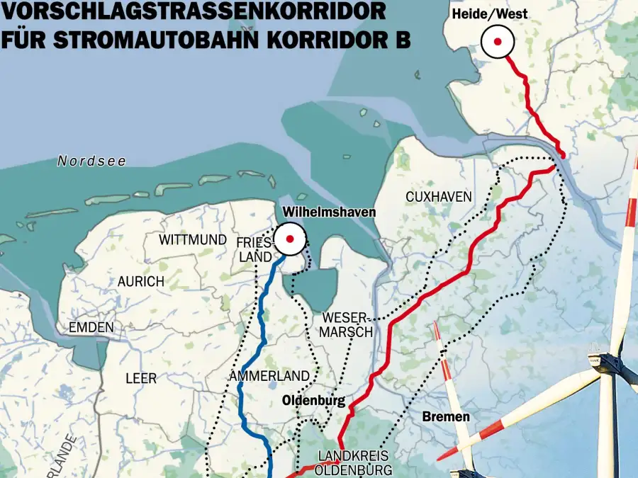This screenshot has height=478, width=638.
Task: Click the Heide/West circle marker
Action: tap(498, 42)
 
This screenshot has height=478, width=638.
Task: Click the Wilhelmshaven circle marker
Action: tap(290, 239)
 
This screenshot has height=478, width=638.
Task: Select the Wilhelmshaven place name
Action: tap(329, 212)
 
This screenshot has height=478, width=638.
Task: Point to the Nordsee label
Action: tap(92, 161)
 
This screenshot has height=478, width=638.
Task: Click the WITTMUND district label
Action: tap(193, 240)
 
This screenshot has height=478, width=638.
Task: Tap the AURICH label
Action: tap(141, 281)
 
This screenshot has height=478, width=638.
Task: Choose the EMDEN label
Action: tap(91, 328)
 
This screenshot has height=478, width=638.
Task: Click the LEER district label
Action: tap(141, 379)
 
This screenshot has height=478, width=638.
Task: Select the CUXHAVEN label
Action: tap(439, 197)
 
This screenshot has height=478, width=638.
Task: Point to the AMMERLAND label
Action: tap(270, 376)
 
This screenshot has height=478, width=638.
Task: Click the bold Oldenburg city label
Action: tap(313, 402)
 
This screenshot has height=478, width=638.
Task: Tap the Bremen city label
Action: tap(446, 416)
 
